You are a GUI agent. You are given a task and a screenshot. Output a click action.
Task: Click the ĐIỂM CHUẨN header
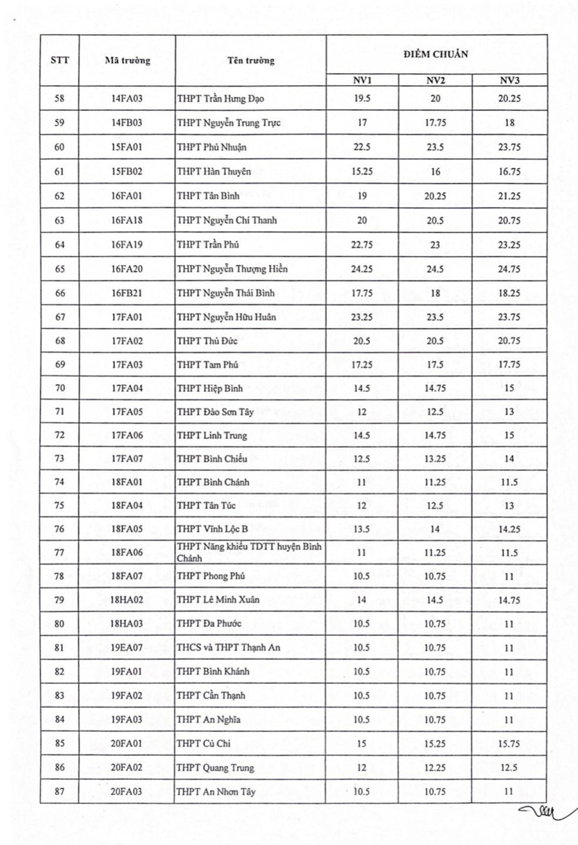[x=436, y=54]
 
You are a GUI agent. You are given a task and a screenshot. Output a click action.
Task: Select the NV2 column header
[x=435, y=80]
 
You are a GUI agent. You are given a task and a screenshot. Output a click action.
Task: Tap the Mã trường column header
[x=127, y=60]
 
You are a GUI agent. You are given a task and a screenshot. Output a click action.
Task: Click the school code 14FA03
[x=127, y=99]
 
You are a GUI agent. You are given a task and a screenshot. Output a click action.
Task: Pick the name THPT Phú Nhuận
[x=211, y=147]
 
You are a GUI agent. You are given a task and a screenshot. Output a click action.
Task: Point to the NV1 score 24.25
[x=362, y=269]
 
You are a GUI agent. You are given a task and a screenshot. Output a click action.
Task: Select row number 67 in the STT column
[x=60, y=317]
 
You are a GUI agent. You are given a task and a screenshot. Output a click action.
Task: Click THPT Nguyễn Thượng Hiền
[x=232, y=269]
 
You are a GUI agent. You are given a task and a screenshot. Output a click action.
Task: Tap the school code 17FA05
[x=127, y=412]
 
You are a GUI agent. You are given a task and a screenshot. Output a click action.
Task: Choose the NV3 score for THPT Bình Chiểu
[x=509, y=459]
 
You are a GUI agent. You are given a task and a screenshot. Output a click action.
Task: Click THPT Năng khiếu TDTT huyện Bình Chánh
[x=249, y=552]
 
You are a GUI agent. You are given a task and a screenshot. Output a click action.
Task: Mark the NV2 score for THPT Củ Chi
[x=435, y=744]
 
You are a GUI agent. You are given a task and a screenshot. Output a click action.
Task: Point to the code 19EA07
[x=127, y=647]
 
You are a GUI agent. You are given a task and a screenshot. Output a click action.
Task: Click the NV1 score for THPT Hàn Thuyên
[x=362, y=171]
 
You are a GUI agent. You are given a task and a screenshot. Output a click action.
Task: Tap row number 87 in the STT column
[x=60, y=792]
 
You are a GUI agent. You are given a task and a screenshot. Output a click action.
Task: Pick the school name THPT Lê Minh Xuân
[x=218, y=600]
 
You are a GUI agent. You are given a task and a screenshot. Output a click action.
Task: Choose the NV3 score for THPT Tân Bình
[x=509, y=196]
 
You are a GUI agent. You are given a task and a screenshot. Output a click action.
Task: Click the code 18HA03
[x=127, y=624]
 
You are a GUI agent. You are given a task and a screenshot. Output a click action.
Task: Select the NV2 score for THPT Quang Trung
[x=435, y=767]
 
